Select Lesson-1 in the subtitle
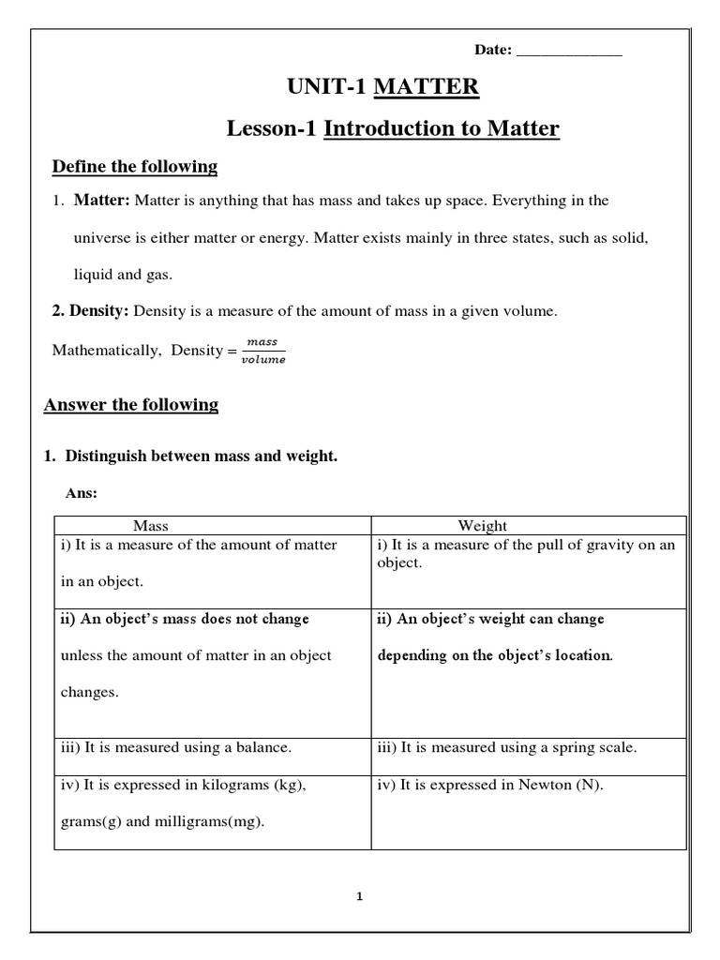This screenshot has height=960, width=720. coord(272,128)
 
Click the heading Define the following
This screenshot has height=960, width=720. coord(134,167)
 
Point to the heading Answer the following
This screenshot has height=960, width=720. coord(131,405)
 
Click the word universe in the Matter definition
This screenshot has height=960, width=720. coord(103,238)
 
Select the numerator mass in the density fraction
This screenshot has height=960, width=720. coord(262,342)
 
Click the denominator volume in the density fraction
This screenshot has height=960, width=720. coord(262,359)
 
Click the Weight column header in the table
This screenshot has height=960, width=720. coord(482,526)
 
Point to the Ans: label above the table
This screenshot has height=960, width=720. coord(82,493)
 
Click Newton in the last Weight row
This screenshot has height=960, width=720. coord(543,786)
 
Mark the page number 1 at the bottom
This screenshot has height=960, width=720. coord(359,896)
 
